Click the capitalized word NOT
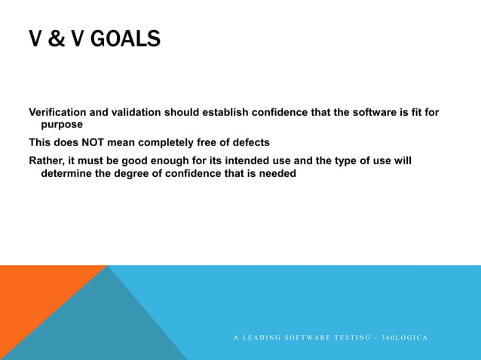click(x=106, y=142)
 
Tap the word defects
click(x=249, y=142)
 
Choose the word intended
click(x=259, y=160)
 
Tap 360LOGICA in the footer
click(x=404, y=337)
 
